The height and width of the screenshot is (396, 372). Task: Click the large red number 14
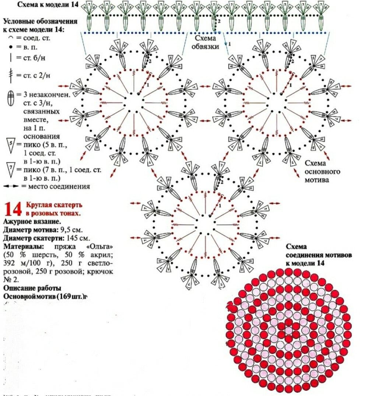click(x=13, y=209)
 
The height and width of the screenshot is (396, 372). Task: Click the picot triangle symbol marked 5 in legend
click(x=11, y=145)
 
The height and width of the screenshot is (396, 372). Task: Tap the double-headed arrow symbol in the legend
click(x=11, y=186)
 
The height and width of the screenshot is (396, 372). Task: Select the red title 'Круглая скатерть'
click(x=54, y=205)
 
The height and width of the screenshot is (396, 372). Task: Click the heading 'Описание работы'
click(x=32, y=288)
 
